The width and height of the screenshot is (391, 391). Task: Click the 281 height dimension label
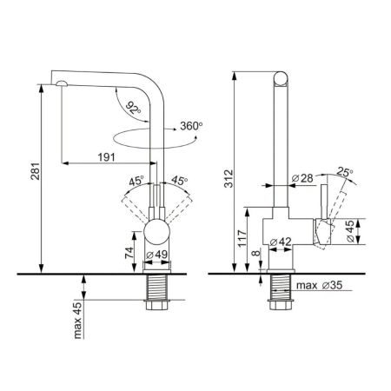tap(36, 171)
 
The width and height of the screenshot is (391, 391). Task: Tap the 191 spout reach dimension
tap(106, 157)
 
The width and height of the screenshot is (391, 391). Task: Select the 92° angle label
tap(134, 108)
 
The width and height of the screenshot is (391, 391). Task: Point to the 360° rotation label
tap(191, 126)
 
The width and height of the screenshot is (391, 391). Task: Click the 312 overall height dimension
tap(229, 178)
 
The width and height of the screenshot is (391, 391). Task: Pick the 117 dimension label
tap(242, 238)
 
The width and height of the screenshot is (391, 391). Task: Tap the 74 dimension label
tap(129, 253)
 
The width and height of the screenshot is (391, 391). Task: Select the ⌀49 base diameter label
tap(156, 255)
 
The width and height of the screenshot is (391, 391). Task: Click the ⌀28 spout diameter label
tap(302, 178)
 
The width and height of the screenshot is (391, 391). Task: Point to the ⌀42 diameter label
tap(281, 242)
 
